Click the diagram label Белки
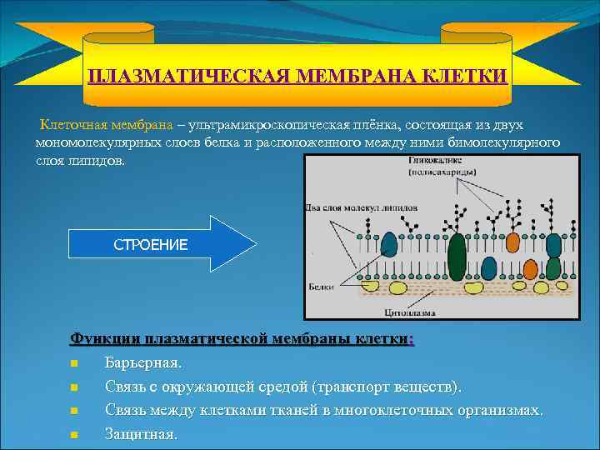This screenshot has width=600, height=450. tap(320, 285)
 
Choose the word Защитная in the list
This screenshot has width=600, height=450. tap(140, 433)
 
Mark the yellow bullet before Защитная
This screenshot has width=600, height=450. tap(74, 434)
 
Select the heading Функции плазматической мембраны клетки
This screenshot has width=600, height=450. tap(242, 339)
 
